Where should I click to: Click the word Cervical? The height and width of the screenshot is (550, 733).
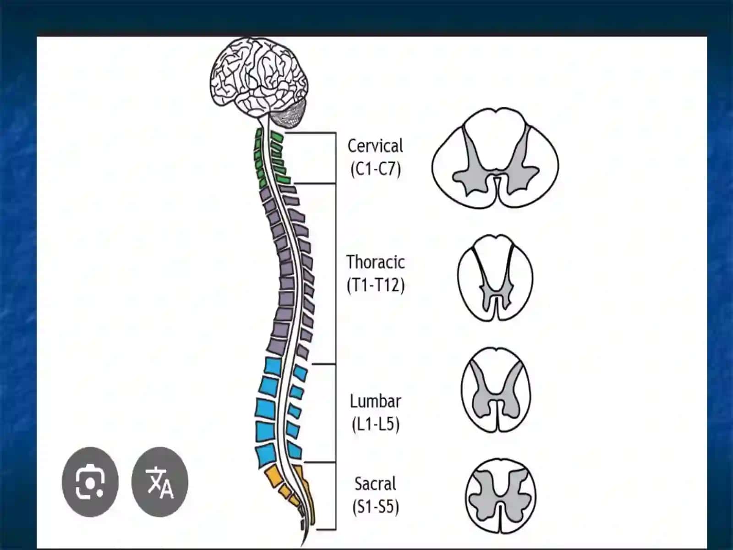click(x=375, y=146)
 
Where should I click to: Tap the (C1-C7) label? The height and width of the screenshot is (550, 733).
click(x=376, y=169)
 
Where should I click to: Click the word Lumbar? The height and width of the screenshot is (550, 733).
click(x=375, y=401)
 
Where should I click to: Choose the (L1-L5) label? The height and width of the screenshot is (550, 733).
click(x=376, y=424)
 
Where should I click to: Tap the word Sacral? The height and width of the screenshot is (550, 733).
click(x=375, y=484)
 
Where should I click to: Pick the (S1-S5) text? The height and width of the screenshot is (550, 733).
click(x=376, y=506)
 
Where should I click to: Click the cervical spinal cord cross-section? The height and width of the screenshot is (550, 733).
click(x=495, y=158)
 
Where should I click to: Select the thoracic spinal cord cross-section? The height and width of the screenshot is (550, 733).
click(x=495, y=278)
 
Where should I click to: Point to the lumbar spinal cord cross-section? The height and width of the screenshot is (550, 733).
click(x=496, y=390)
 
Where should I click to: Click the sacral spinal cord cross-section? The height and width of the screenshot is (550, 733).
click(x=501, y=496)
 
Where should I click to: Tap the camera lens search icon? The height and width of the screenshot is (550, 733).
click(x=90, y=482)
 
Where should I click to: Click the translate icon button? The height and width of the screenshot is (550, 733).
click(x=160, y=482)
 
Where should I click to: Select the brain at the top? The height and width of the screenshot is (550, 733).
click(x=258, y=78)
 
